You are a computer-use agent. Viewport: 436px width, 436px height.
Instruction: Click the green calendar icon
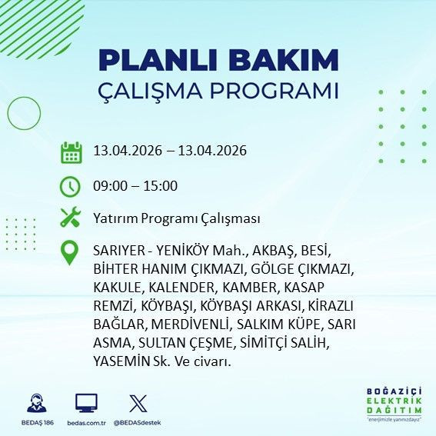tap(71, 151)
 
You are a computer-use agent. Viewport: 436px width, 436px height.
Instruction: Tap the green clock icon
tap(71, 186)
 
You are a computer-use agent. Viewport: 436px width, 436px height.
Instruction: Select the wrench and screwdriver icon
tap(71, 218)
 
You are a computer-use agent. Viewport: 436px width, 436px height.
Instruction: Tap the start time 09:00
tap(111, 186)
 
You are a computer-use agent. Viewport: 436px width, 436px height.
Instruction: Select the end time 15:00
tap(161, 186)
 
